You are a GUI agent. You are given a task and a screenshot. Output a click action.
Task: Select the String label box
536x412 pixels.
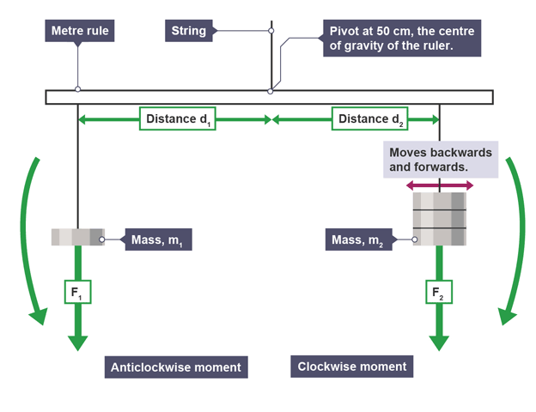pos(189,31)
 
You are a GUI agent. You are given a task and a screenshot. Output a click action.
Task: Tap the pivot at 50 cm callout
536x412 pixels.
pos(399,39)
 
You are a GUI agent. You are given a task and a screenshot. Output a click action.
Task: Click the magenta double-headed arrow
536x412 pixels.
pos(440,185)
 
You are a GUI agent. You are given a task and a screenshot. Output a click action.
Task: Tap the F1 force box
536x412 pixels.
pos(77,293)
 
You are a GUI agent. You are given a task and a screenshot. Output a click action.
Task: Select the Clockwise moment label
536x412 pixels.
pos(351,367)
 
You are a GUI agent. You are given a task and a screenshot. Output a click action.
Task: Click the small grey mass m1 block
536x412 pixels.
pos(77,236)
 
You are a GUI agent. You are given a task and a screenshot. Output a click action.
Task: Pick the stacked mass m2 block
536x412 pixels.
pos(440,219)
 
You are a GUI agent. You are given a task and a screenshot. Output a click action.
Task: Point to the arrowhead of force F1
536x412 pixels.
pos(77,342)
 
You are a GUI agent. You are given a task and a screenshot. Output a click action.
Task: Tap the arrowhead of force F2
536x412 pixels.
pos(440,342)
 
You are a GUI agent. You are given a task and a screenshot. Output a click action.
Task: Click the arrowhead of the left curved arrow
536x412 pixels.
pos(37,318)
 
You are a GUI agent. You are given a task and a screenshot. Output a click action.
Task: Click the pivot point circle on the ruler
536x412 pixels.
pos(271,90)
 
